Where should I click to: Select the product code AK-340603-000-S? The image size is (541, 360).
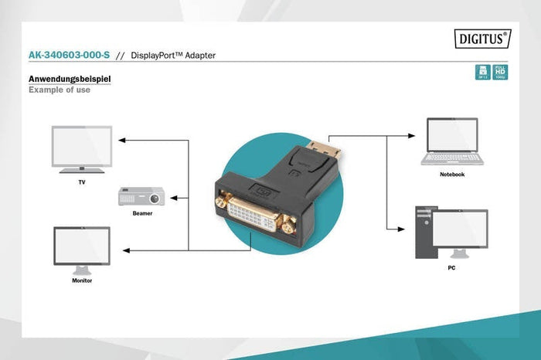coord(69,56)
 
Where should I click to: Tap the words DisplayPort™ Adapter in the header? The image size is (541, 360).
coord(173,56)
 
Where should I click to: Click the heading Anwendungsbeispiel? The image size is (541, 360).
coord(70,79)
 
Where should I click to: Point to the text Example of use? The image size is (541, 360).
coord(60,90)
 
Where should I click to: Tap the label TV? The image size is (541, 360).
coord(82,182)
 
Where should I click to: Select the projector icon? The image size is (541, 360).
coord(141,196)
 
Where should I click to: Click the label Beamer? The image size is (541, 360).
coord(142,212)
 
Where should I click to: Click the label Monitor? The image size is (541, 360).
coord(82,280)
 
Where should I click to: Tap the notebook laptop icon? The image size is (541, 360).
coord(452,141)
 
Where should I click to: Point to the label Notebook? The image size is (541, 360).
coord(452,175)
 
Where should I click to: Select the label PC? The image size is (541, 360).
coord(451,267)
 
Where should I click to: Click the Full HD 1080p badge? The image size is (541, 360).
coord(500,73)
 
